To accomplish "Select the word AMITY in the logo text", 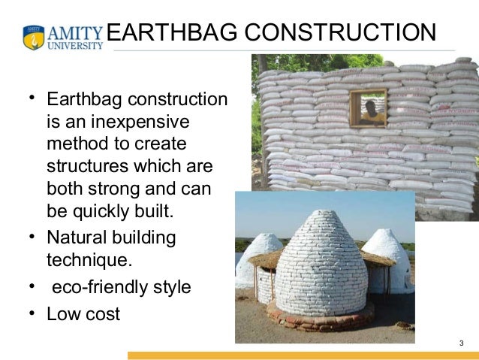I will click(x=75, y=32).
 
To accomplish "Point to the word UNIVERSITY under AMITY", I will click(x=75, y=45).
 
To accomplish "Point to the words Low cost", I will click(x=83, y=313).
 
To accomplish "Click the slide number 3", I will click(x=461, y=344).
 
